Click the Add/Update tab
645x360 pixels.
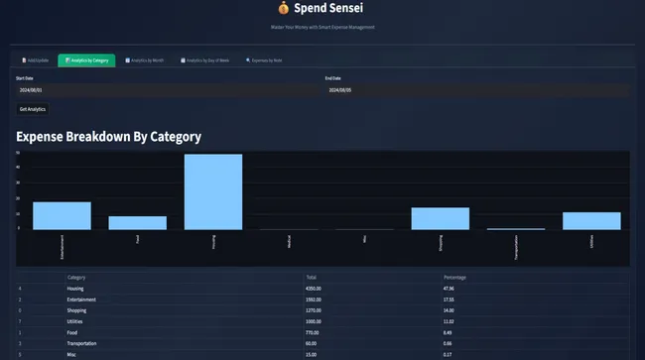point(35,60)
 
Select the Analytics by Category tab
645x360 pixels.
point(86,60)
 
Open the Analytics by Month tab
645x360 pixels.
point(145,60)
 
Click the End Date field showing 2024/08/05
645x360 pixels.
point(476,90)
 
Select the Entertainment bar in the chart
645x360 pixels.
point(62,215)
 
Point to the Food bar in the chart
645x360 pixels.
point(138,223)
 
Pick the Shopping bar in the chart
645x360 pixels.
point(440,218)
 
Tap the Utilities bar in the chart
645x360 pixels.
point(591,221)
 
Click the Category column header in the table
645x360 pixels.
point(77,278)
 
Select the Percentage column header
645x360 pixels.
point(454,278)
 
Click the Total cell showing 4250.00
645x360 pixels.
point(317,288)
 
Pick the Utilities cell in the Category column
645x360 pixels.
point(76,322)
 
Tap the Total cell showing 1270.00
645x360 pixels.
point(317,310)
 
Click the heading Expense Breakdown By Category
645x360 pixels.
point(109,136)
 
